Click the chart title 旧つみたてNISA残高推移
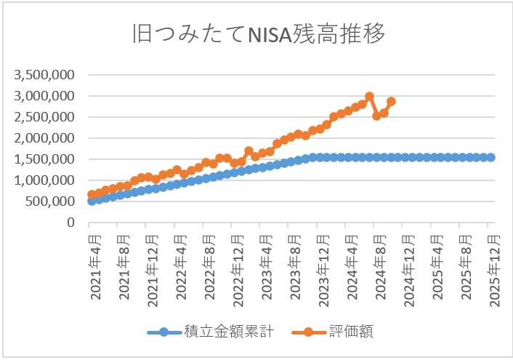click(256, 35)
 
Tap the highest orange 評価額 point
click(369, 96)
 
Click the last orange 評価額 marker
click(391, 102)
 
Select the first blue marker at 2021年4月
click(92, 201)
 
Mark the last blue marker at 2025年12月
click(491, 157)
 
